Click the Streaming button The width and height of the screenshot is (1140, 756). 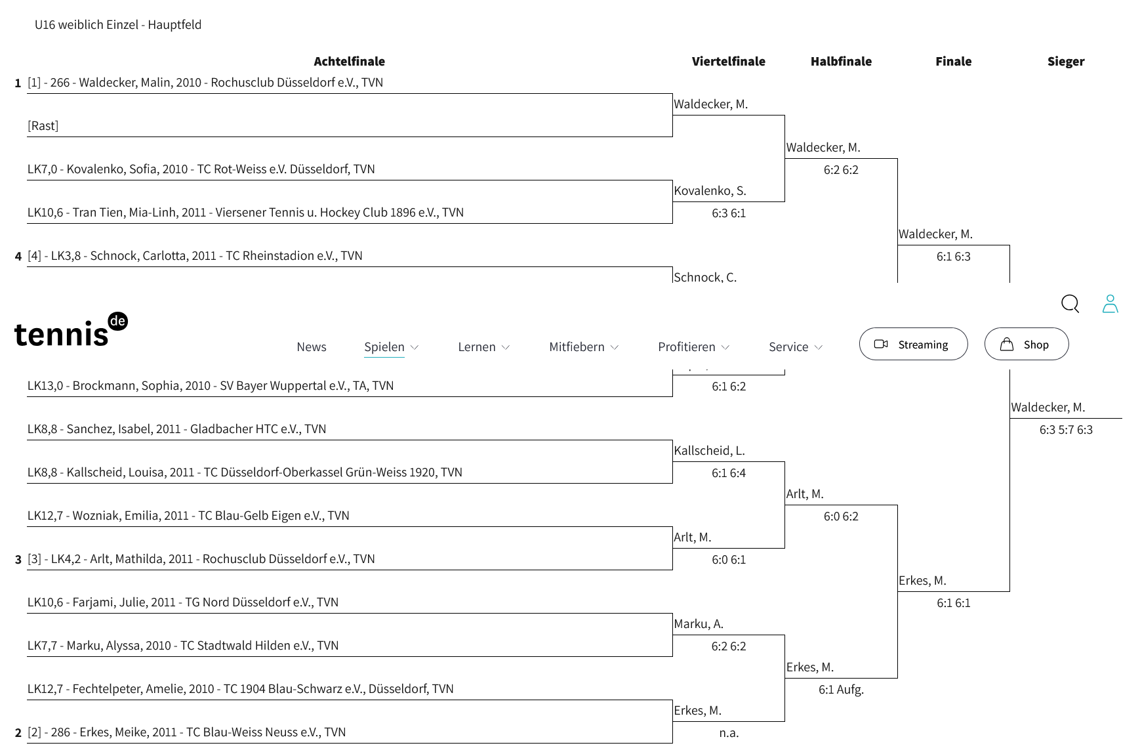[913, 344]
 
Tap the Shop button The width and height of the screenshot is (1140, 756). [1027, 344]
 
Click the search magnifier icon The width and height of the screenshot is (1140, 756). [1070, 303]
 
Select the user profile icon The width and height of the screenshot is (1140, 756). [1110, 303]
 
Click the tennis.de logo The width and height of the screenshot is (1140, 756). [71, 329]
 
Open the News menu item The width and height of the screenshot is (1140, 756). [312, 346]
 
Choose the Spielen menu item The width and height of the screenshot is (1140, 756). [384, 346]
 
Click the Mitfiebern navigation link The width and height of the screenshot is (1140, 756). [577, 346]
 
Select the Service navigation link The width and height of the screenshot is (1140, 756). [788, 346]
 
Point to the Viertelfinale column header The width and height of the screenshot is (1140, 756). [729, 61]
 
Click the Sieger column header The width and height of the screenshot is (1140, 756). [1066, 61]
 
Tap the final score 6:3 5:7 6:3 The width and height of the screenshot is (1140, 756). [1066, 430]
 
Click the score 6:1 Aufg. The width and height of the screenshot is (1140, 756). [841, 690]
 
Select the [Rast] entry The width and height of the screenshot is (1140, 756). [43, 125]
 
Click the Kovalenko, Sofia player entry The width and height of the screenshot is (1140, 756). [201, 169]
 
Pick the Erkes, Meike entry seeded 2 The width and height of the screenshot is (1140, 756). [186, 732]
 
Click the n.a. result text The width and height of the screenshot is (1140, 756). [729, 733]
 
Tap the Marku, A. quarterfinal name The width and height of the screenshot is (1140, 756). [699, 623]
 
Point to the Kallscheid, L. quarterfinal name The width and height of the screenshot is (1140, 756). [709, 450]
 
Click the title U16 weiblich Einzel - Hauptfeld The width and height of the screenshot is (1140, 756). [118, 24]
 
